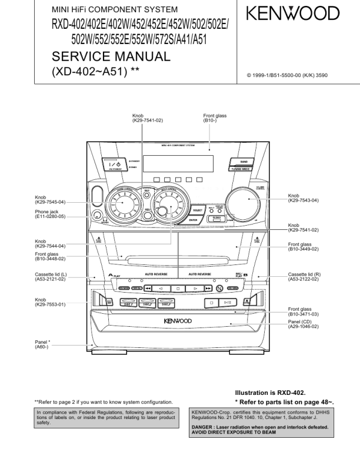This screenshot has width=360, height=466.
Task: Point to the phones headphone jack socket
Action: (x=98, y=216)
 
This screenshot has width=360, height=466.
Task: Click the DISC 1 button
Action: (x=128, y=303)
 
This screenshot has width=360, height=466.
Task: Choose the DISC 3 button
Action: (x=166, y=303)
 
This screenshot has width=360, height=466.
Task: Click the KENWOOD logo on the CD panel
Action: (x=177, y=321)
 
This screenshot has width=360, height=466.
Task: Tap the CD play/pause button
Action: (x=227, y=303)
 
